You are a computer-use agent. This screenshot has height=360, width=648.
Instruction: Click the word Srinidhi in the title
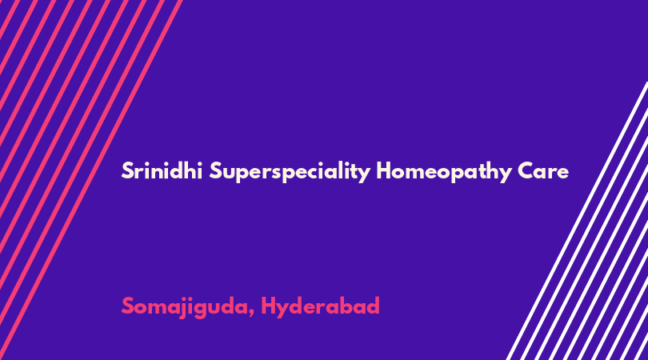162,170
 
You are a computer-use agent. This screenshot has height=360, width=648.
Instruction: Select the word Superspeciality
290,172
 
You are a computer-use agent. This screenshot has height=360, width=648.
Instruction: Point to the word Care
543,171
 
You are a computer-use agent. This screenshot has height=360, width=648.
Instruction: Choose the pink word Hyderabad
320,307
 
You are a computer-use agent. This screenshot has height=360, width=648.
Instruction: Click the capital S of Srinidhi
127,170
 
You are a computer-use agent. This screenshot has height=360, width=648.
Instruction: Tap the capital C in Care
526,171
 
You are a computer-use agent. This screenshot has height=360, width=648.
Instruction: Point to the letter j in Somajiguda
182,308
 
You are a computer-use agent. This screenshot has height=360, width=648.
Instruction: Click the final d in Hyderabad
373,306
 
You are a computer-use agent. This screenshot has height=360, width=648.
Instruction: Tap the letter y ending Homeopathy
506,175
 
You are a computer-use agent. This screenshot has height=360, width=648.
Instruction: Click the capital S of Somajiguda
127,306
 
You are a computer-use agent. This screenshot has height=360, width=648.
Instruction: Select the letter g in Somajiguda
202,310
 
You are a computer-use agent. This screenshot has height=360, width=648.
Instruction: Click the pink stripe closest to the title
91,180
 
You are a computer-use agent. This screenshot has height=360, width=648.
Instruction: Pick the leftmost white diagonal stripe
578,221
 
